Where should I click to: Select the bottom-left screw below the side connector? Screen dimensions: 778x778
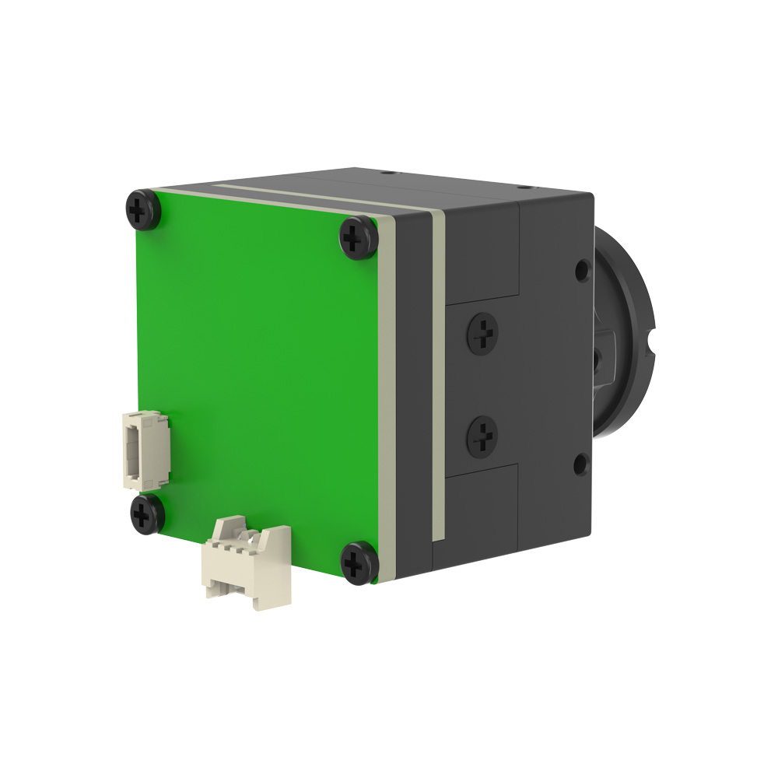(146, 513)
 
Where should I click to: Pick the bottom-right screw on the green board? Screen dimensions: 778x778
(358, 561)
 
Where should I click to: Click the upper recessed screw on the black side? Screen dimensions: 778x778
(483, 334)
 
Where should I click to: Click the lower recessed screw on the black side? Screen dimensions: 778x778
(483, 434)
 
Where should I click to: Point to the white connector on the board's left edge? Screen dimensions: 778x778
(145, 450)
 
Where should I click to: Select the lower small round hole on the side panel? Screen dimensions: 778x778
(580, 464)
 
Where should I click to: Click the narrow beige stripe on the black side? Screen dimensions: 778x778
(438, 373)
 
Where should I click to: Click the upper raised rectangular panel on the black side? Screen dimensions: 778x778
(482, 257)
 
